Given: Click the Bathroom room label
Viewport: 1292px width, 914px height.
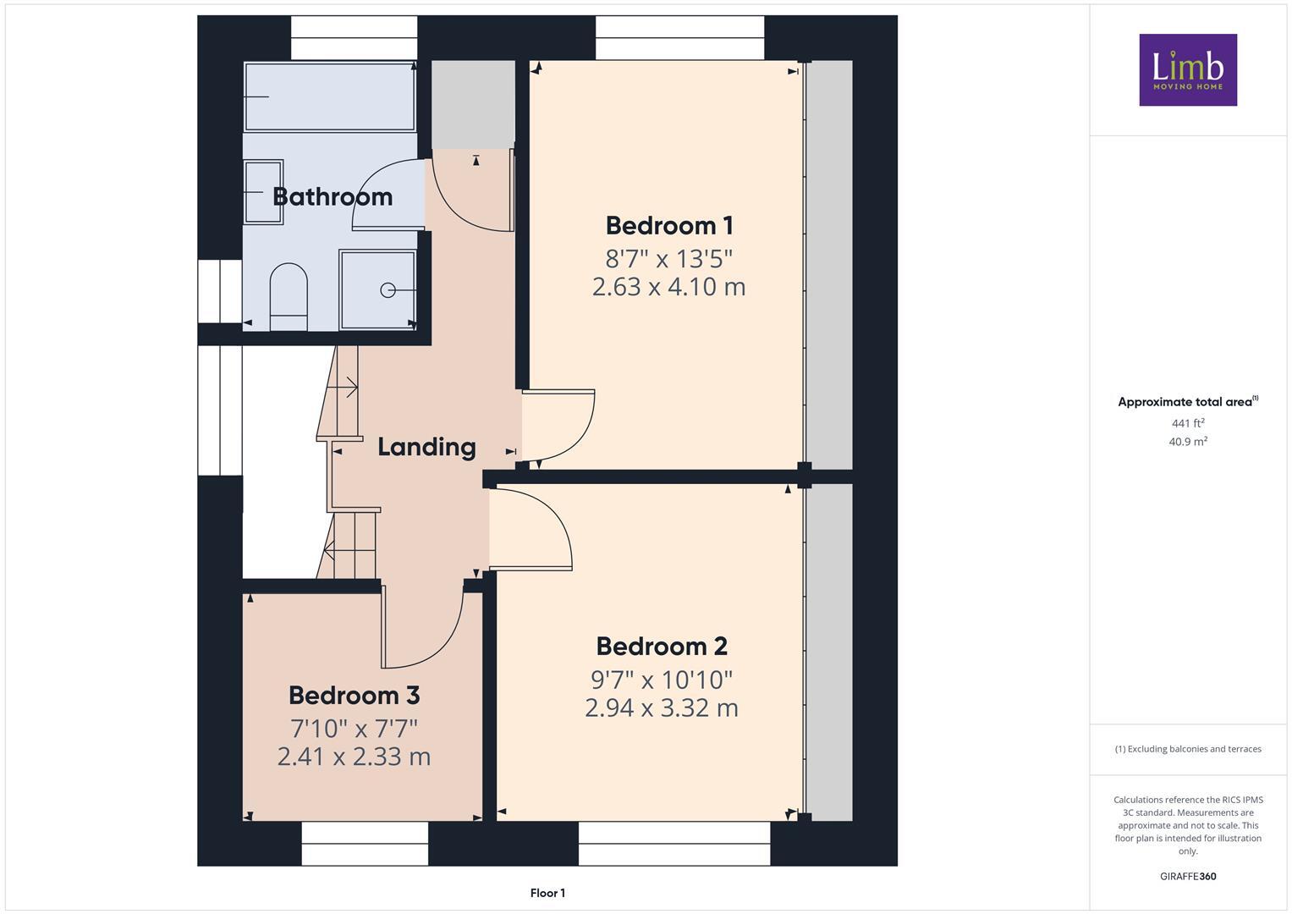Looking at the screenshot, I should point(333,196).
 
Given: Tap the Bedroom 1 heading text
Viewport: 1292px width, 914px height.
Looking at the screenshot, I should point(668,226).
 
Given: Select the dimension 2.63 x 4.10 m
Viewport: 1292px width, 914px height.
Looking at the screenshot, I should point(668,287).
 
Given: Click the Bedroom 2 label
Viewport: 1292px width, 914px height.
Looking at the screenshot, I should point(662,647).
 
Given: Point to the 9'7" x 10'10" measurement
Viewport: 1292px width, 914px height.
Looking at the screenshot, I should point(662,680).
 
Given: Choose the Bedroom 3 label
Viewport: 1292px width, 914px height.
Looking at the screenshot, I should point(354,696).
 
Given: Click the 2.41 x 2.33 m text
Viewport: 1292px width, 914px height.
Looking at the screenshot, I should point(354,757).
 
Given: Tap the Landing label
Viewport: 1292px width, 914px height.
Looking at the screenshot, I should point(426,447).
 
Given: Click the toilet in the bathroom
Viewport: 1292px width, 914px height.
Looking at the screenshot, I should point(289,296).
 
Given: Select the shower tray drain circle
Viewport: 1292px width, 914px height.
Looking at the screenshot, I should point(388,290).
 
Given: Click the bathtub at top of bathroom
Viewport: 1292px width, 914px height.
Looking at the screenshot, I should point(329,96).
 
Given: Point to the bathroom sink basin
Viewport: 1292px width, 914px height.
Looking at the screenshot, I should point(263,192).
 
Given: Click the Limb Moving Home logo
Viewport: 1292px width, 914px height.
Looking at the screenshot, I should point(1188,70).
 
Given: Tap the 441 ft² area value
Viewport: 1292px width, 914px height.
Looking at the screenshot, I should point(1188,423).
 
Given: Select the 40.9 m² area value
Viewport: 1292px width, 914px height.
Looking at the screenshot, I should point(1188,442).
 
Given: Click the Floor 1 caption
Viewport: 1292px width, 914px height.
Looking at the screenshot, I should point(547,893).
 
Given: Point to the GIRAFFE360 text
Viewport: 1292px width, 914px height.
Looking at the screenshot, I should point(1188,877).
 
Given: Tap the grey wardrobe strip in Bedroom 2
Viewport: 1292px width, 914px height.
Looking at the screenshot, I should point(828,652).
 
